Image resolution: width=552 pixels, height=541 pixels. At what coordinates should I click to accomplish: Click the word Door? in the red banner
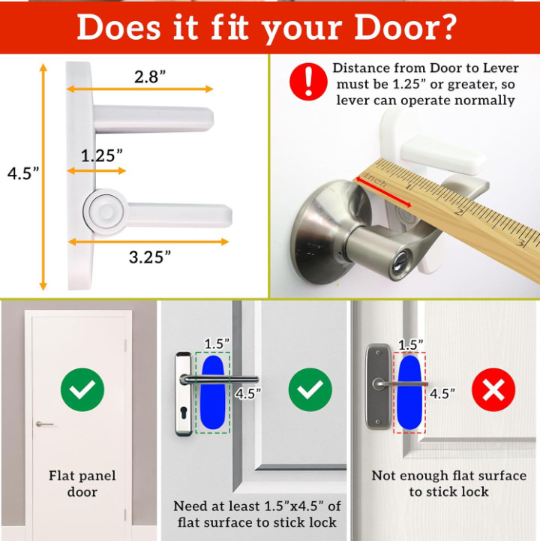coord(405,28)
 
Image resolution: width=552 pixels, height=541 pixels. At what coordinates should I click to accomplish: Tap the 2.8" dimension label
coord(150,77)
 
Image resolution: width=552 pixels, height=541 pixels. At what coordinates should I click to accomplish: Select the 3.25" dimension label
coord(149,257)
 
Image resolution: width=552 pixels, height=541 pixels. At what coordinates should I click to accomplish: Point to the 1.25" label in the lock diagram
coord(102,155)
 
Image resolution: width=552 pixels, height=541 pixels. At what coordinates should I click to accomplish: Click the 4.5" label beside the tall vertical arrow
coord(23,173)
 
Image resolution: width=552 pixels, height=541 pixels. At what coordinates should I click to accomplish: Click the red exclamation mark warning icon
coord(308,82)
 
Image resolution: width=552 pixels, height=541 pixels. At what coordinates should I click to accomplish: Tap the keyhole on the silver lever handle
coord(398,263)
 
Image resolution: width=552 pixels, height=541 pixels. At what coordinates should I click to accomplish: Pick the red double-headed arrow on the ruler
coord(384,192)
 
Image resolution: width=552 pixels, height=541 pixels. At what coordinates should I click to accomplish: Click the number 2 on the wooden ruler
coord(458,212)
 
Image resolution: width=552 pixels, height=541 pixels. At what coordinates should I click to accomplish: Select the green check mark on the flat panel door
coord(82,389)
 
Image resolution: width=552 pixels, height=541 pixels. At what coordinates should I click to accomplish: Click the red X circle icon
coord(493,389)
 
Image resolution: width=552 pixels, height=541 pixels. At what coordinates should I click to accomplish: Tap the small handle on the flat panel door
coord(44,424)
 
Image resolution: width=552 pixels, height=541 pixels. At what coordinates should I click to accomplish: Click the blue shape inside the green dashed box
coord(213,392)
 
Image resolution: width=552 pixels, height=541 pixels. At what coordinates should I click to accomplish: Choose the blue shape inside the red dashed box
coord(409,392)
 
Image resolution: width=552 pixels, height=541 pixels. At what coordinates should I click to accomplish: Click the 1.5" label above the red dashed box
coord(411,345)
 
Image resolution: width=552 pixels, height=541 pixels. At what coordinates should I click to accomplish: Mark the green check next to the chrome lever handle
coord(310,389)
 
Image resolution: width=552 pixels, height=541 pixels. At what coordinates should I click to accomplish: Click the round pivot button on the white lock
coord(106,212)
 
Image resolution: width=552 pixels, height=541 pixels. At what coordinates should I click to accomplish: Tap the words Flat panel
coord(82,476)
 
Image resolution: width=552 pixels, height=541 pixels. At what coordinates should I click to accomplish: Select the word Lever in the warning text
coord(500,68)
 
